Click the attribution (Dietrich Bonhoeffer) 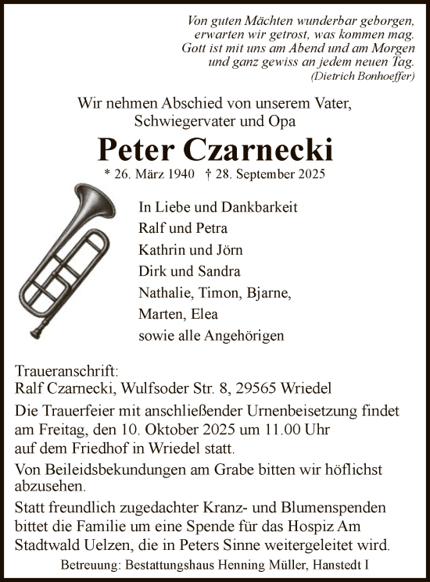(x=363, y=77)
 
